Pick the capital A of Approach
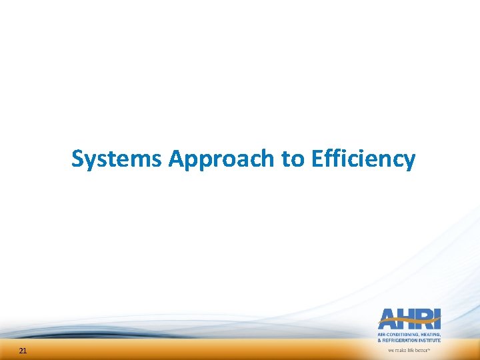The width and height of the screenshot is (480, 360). coord(177,159)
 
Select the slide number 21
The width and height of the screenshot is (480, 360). coord(23,351)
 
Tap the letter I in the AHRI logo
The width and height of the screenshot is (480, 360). coord(437,319)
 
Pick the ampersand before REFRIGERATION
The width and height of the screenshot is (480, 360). coord(380,340)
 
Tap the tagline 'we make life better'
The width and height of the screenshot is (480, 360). coord(409,350)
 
